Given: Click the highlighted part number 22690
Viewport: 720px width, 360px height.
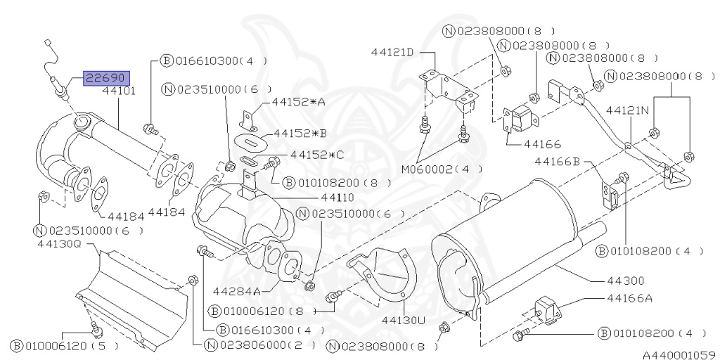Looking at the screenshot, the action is click(x=103, y=77).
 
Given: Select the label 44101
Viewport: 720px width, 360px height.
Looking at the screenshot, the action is click(x=119, y=91).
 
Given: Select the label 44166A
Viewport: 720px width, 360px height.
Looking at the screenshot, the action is click(x=629, y=297).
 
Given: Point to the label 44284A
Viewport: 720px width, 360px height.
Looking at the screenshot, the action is click(x=237, y=290).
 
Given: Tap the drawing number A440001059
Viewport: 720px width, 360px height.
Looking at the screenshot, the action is click(x=678, y=354).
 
